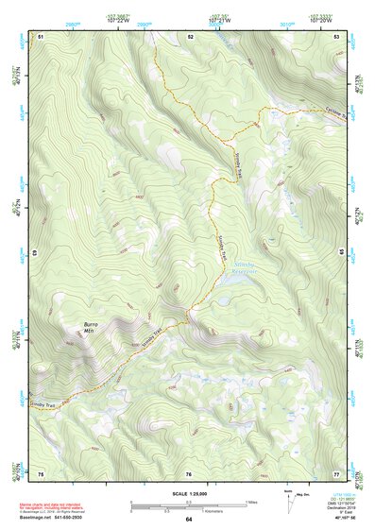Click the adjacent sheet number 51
click(x=42, y=35)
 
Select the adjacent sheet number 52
click(x=190, y=35)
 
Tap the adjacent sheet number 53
click(x=337, y=35)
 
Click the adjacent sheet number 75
click(x=42, y=471)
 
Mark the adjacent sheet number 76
click(x=189, y=471)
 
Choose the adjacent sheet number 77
click(x=336, y=471)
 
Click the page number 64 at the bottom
click(x=188, y=520)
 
